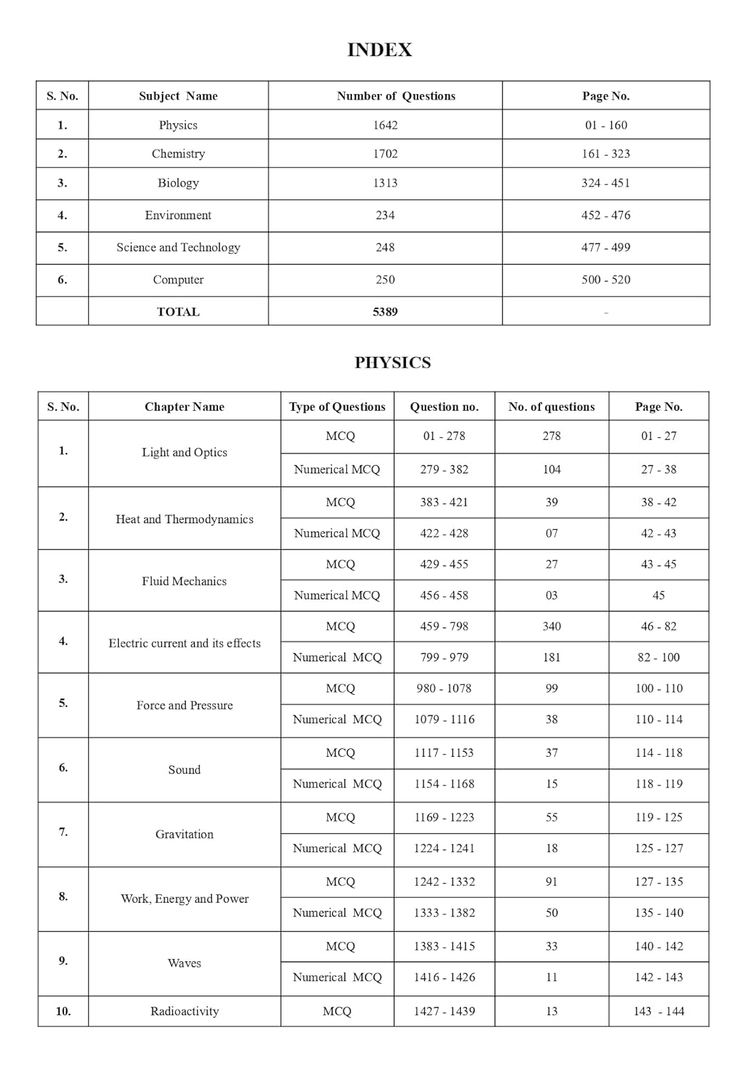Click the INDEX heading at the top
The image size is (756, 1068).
(x=379, y=50)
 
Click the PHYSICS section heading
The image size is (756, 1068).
(x=393, y=362)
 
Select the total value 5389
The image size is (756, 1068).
(x=385, y=312)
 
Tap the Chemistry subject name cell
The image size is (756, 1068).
(x=178, y=154)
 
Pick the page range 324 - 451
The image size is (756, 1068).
(x=605, y=183)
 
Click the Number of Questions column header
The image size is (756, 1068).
(x=395, y=96)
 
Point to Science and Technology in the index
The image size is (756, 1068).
(x=178, y=247)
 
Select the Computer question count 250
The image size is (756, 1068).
(x=385, y=280)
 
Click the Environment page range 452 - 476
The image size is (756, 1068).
(x=605, y=215)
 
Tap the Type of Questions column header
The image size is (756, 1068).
(x=337, y=407)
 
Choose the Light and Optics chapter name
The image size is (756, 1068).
(x=185, y=452)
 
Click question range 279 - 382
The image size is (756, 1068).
(x=444, y=469)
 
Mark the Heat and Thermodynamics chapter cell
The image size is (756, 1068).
(x=185, y=519)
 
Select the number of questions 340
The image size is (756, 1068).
(x=552, y=627)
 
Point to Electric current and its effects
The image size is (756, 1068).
(x=185, y=643)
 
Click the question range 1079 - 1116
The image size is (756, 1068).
(x=444, y=719)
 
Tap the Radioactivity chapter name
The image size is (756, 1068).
(x=185, y=1011)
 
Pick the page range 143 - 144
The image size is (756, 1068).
(x=658, y=1011)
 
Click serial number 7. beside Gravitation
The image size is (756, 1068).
(x=63, y=832)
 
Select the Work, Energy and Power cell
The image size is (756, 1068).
(x=185, y=899)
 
